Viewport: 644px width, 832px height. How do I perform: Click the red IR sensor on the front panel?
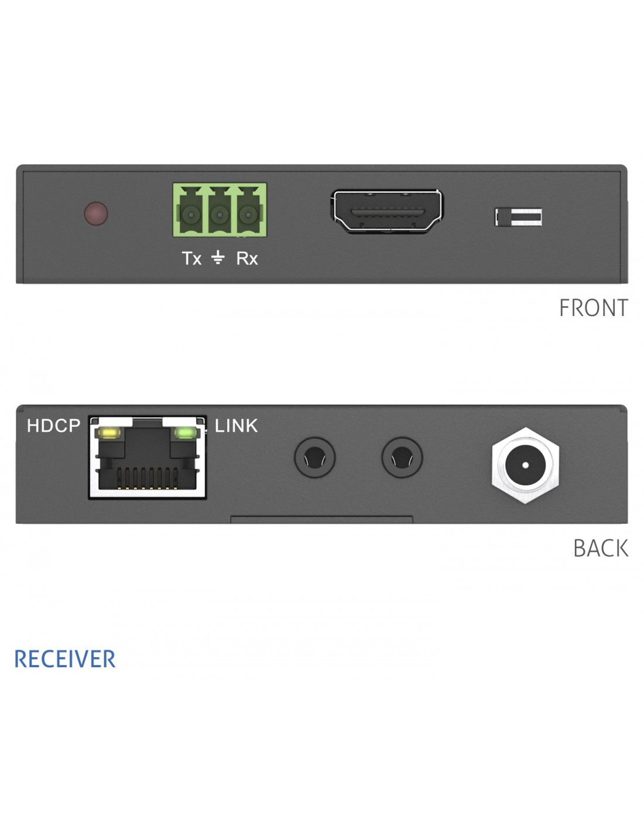(96, 214)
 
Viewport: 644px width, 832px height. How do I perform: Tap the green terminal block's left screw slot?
(191, 215)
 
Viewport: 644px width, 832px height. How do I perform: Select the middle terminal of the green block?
(220, 215)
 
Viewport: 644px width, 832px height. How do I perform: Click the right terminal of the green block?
(248, 215)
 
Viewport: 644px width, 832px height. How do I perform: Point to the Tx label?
(191, 259)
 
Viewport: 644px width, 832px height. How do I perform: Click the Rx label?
(247, 259)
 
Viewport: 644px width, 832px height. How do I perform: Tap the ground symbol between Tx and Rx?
(218, 257)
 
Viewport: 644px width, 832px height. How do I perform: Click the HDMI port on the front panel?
(387, 211)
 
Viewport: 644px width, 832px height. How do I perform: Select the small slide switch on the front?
(518, 217)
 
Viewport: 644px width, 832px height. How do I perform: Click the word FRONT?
(593, 308)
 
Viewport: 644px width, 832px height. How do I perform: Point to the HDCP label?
(54, 426)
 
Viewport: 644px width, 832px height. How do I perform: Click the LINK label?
(236, 426)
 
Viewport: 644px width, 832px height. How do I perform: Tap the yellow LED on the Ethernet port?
(109, 434)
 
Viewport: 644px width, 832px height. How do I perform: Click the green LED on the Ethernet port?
(184, 433)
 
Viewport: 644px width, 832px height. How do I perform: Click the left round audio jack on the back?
(315, 458)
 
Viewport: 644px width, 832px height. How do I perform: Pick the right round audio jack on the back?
(402, 458)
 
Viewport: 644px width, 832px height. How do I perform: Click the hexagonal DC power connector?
(525, 465)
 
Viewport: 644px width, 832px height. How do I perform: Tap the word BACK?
(601, 549)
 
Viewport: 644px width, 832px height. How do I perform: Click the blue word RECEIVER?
(65, 659)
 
